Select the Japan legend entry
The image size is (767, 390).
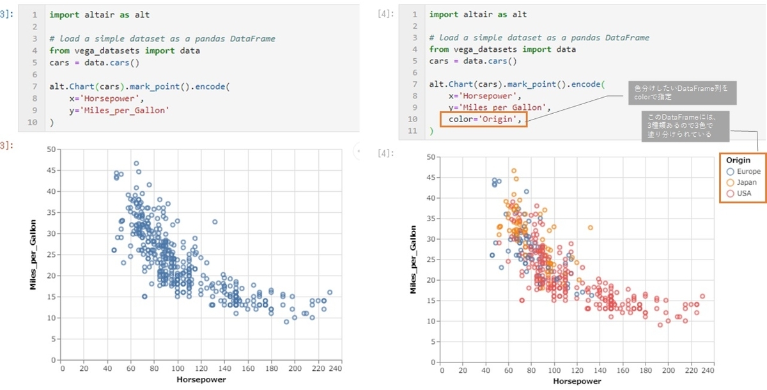pos(741,182)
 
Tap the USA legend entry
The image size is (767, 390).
pos(739,193)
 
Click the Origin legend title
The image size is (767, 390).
pos(738,160)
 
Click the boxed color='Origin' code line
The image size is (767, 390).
pos(483,119)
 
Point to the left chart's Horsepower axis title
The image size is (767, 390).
pos(201,379)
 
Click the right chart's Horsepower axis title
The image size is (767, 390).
pos(577,381)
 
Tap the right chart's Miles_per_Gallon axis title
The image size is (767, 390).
pos(413,260)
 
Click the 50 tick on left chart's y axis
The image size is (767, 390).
pos(52,149)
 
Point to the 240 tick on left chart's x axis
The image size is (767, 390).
pos(336,368)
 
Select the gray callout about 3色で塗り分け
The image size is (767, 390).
pos(680,125)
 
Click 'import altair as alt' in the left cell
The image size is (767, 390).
pos(99,14)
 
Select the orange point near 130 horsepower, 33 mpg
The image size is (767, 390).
pos(591,228)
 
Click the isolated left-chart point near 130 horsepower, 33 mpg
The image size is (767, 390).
pos(215,222)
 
